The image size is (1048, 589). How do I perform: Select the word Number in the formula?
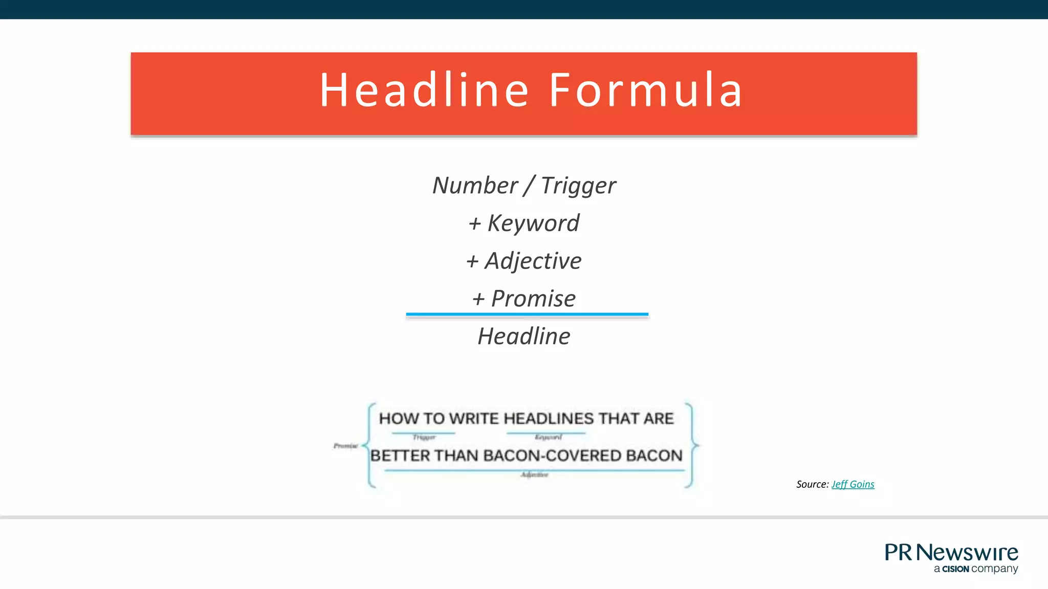tap(475, 185)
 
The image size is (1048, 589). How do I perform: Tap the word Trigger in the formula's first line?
tap(578, 185)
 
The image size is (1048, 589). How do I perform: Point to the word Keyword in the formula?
tap(533, 223)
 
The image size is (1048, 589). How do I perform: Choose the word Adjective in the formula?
tap(533, 261)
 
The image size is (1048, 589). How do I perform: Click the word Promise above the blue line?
tap(533, 299)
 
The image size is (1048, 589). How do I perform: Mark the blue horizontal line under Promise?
tap(527, 314)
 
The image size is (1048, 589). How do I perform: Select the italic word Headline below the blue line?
tap(524, 336)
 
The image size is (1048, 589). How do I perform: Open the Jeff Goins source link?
tap(853, 484)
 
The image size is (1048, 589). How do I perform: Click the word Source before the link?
tap(812, 484)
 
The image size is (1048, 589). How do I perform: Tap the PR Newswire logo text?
tap(951, 553)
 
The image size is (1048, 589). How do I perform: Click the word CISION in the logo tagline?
tap(955, 569)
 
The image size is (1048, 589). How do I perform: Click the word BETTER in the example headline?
tap(400, 456)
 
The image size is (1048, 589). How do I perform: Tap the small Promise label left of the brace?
tap(345, 446)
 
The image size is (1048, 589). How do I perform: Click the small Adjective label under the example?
tap(534, 475)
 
